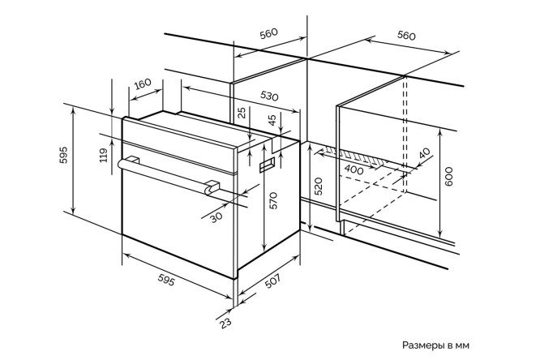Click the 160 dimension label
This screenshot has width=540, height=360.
coord(143,84)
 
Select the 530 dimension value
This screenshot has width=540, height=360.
coord(269,96)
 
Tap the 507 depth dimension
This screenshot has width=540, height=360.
coord(272,281)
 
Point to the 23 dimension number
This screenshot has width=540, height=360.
coord(225,323)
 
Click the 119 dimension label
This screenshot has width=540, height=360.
coord(104,155)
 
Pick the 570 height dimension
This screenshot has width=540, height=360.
coord(273,200)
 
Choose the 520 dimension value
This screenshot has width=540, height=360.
coord(319,186)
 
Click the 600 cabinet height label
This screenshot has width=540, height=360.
coord(448,177)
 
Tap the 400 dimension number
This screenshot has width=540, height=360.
coord(354,169)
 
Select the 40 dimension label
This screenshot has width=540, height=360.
coord(425,153)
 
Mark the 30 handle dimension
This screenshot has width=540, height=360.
coord(216,217)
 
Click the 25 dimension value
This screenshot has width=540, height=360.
coord(242,113)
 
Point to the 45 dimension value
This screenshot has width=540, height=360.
coord(272,120)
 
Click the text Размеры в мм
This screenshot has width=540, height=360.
coord(435,345)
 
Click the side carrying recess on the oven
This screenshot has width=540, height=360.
coord(267,165)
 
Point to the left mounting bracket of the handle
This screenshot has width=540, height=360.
coord(133,160)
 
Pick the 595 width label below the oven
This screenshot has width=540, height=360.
coord(166,280)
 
